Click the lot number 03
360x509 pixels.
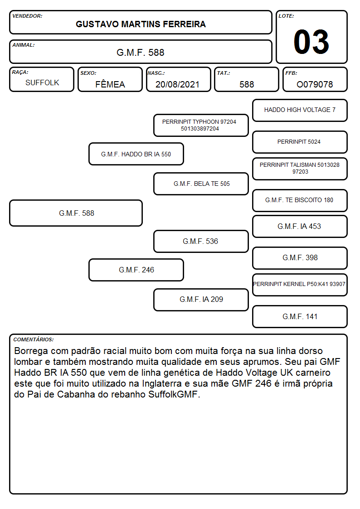pos(311,42)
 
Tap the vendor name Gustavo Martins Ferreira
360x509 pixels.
pos(141,24)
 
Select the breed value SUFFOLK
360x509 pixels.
pos(42,83)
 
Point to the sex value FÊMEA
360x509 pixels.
pos(110,84)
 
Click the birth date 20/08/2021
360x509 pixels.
pos(177,84)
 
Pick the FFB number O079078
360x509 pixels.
pos(315,84)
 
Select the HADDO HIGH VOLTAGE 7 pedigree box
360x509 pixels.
pos(300,111)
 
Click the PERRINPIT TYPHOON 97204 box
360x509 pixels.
pos(201,125)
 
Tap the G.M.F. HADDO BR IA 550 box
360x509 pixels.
pos(136,154)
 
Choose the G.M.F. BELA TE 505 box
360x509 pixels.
pos(201,184)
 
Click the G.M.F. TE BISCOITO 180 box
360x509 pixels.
pos(300,200)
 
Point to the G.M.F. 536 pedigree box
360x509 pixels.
pos(201,241)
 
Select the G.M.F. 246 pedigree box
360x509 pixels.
pos(136,270)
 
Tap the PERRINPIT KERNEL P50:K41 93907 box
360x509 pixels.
pos(300,285)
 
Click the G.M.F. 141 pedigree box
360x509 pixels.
pos(300,316)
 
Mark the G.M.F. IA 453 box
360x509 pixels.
pos(300,226)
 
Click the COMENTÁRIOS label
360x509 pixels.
pos(34,339)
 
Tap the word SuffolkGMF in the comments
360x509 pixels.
pos(173,394)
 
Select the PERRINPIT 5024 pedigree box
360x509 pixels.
pos(300,142)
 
